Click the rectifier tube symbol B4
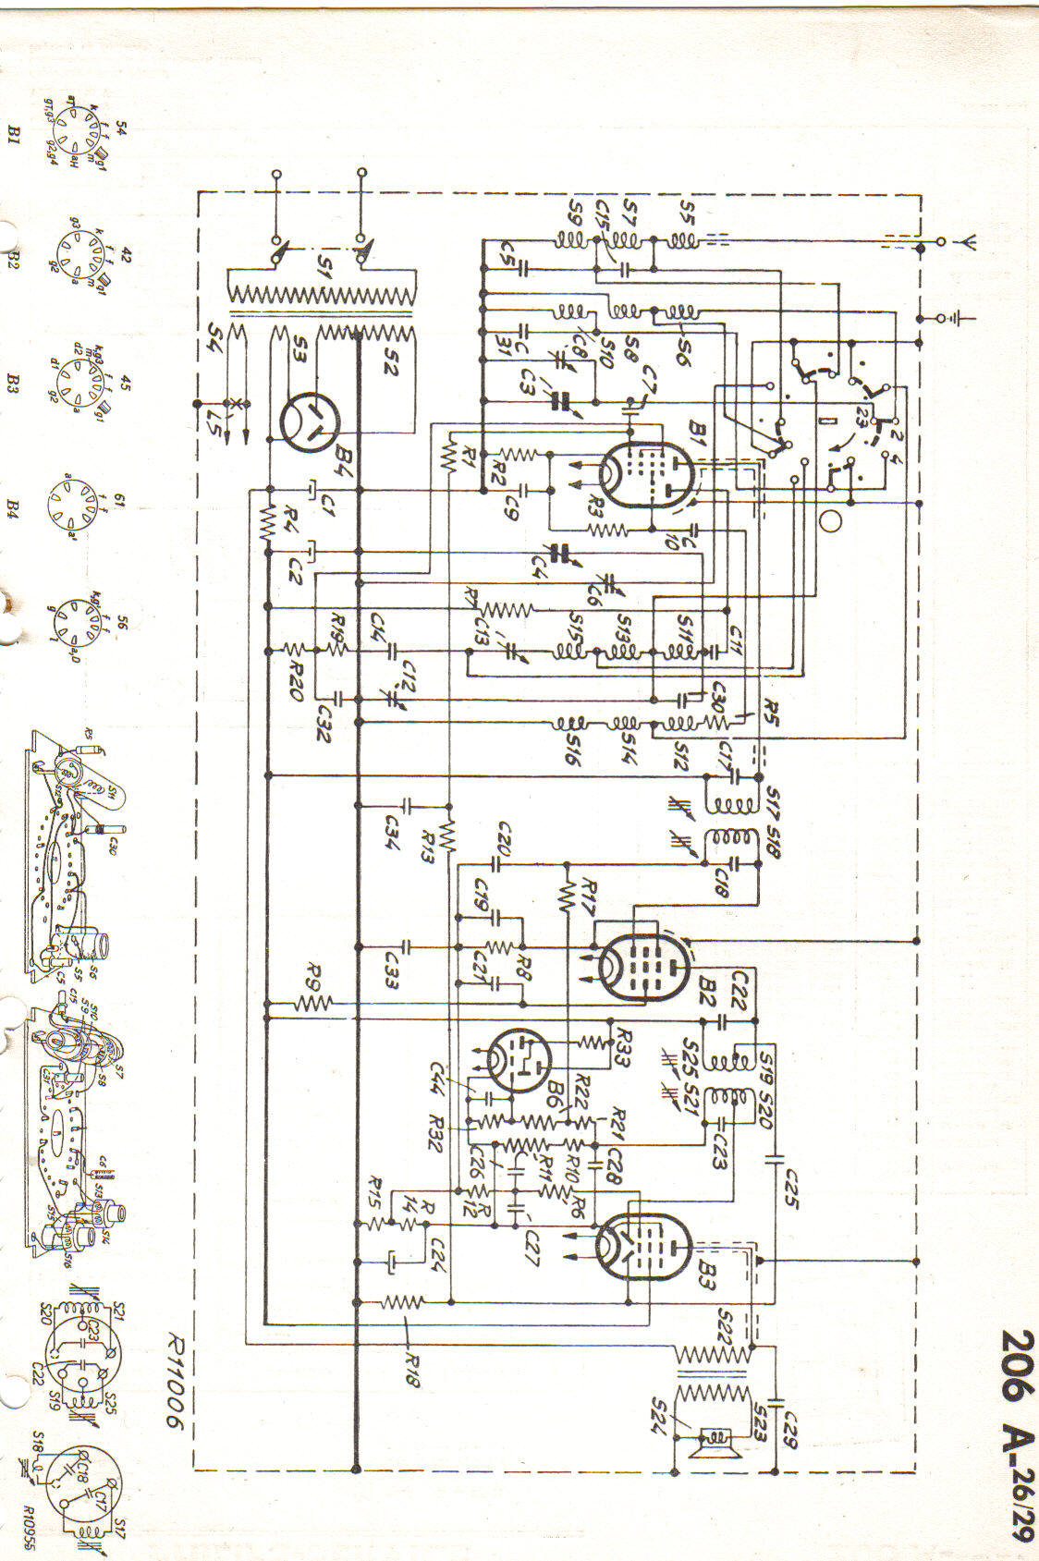[310, 424]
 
